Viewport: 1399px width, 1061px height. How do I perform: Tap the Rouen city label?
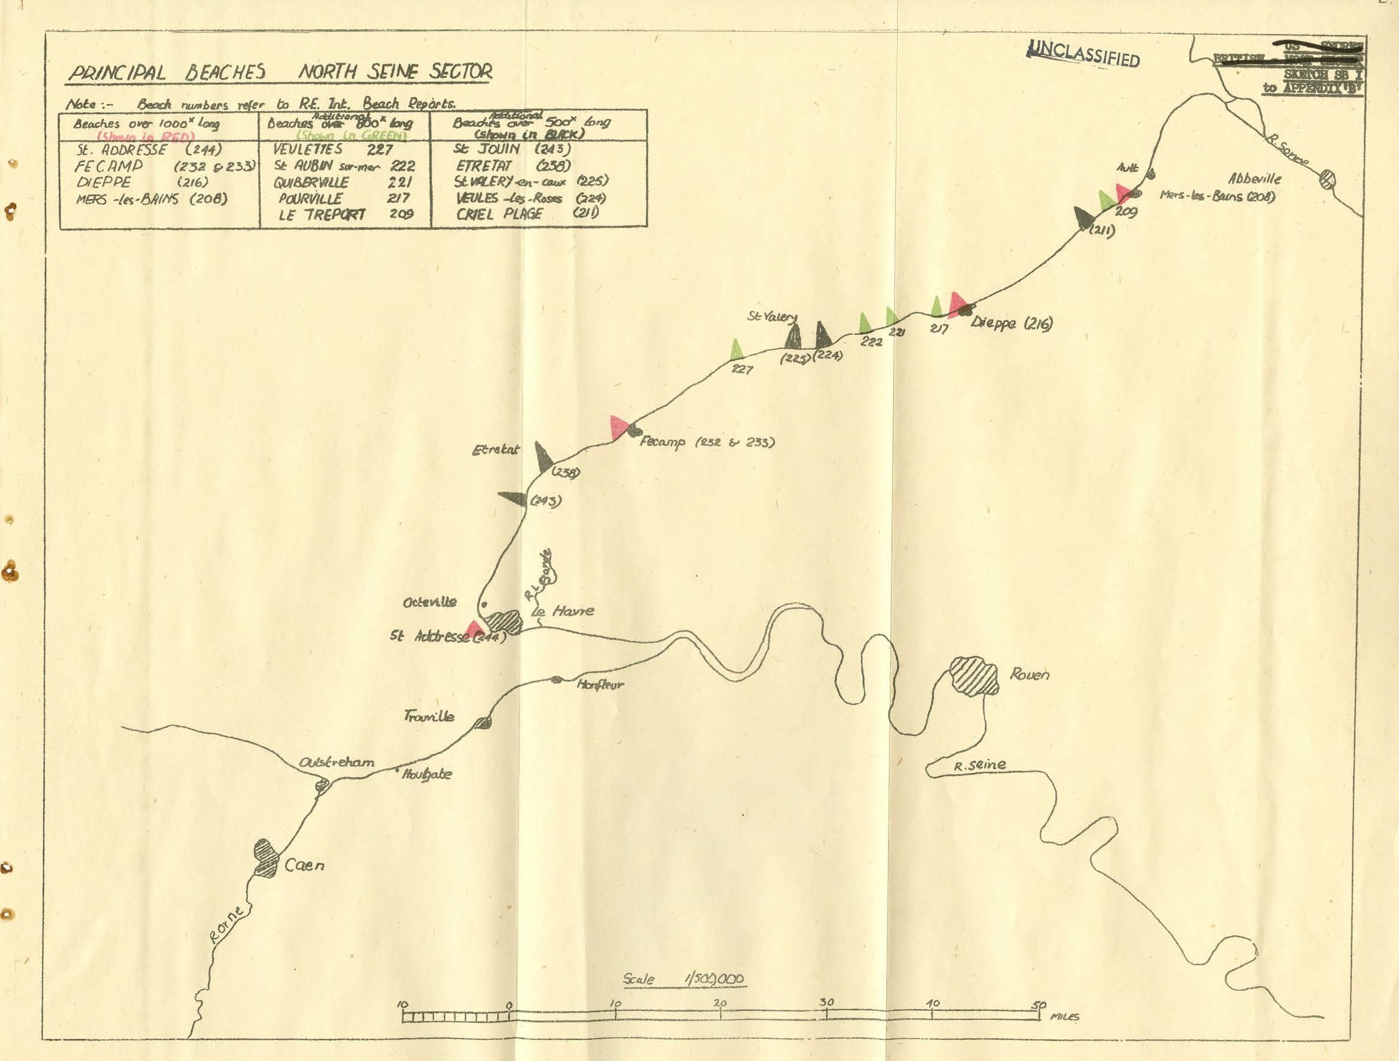1030,675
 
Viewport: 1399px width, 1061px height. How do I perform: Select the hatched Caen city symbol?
266,858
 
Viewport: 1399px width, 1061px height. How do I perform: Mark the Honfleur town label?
599,685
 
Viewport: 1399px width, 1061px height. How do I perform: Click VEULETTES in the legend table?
308,150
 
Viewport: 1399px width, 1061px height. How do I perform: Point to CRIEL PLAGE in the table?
500,213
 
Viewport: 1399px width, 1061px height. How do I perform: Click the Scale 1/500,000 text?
684,980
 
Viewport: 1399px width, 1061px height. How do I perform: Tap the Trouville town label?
429,717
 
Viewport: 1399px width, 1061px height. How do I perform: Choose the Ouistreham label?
336,763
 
